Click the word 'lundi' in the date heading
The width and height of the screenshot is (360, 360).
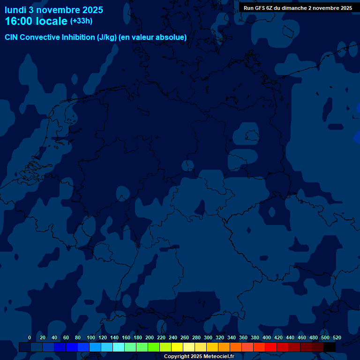(15, 10)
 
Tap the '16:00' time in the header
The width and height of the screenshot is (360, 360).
(20, 21)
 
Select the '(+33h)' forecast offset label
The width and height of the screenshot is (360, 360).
(81, 21)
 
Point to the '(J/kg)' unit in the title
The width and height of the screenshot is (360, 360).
(107, 37)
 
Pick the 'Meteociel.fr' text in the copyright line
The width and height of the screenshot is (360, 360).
(218, 357)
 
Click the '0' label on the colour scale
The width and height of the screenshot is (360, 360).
(30, 337)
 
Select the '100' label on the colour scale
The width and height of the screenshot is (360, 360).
(91, 337)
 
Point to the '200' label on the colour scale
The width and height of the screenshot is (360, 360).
(150, 337)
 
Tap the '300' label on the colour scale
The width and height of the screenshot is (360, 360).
(208, 337)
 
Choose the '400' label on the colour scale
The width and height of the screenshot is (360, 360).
(267, 337)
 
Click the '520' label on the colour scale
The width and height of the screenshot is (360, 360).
(337, 337)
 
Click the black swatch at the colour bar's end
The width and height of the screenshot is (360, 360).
(330, 347)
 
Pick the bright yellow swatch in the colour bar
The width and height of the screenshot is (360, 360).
(177, 347)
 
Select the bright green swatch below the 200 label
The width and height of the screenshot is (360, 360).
(154, 347)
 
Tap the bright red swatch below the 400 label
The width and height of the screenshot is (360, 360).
(271, 347)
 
